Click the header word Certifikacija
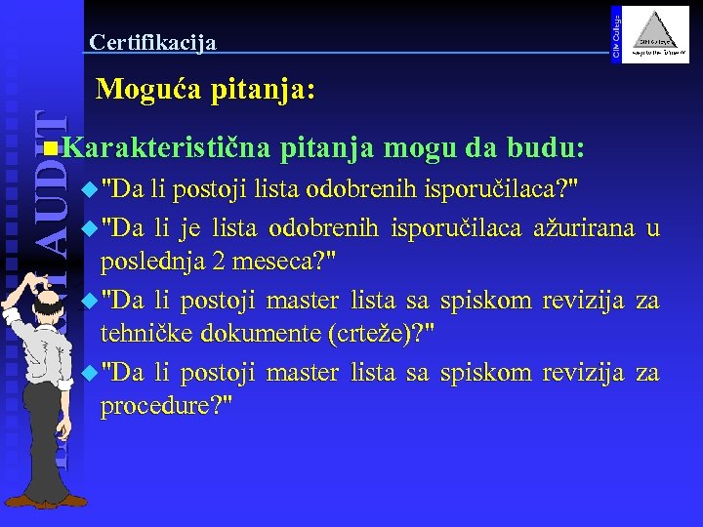pos(152,42)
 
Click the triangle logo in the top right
pos(656,36)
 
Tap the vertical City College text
pos(615,31)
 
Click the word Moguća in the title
pos(143,91)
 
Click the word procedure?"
pos(166,405)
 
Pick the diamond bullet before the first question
pos(90,188)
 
